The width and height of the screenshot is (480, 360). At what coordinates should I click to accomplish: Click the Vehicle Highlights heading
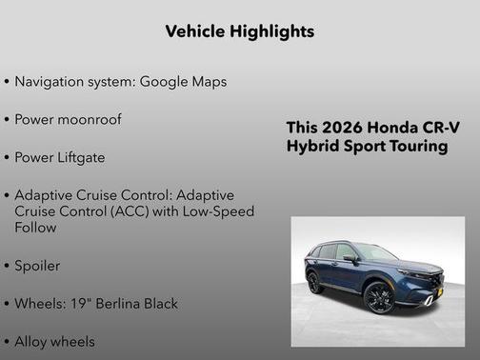point(239,31)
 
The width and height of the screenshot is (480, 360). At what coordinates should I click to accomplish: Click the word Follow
point(36,229)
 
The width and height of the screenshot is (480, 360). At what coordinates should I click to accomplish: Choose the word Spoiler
point(37,266)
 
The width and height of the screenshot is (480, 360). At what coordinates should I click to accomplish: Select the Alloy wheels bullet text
point(54,340)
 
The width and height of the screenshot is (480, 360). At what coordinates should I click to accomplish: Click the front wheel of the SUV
point(378,297)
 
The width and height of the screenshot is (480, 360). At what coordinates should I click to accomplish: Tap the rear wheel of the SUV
point(315,283)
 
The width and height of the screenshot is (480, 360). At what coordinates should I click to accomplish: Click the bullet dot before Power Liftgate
point(8,157)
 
